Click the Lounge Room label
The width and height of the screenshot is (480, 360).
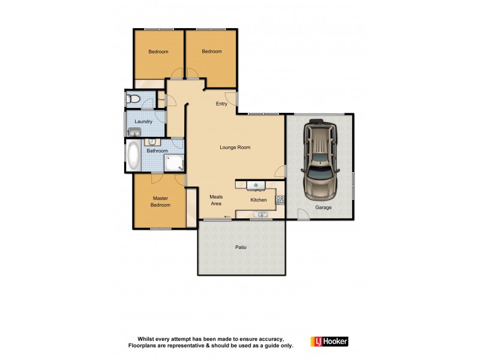235,147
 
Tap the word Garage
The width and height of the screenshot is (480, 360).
323,208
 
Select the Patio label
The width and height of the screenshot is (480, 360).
241,247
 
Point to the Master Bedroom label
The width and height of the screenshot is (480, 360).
161,202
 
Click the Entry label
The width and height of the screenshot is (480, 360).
221,104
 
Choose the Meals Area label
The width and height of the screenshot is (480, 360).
215,200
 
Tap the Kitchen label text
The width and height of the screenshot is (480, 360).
258,200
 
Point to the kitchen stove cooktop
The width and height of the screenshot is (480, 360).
280,200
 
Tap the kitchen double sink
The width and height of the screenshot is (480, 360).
262,214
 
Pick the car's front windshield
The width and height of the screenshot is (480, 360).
321,158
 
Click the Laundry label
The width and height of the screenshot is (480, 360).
143,122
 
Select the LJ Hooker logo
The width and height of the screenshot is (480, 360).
328,341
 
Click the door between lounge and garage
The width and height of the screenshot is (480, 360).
280,172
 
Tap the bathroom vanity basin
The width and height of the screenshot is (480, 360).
152,142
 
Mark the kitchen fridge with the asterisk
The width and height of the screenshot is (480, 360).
256,184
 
